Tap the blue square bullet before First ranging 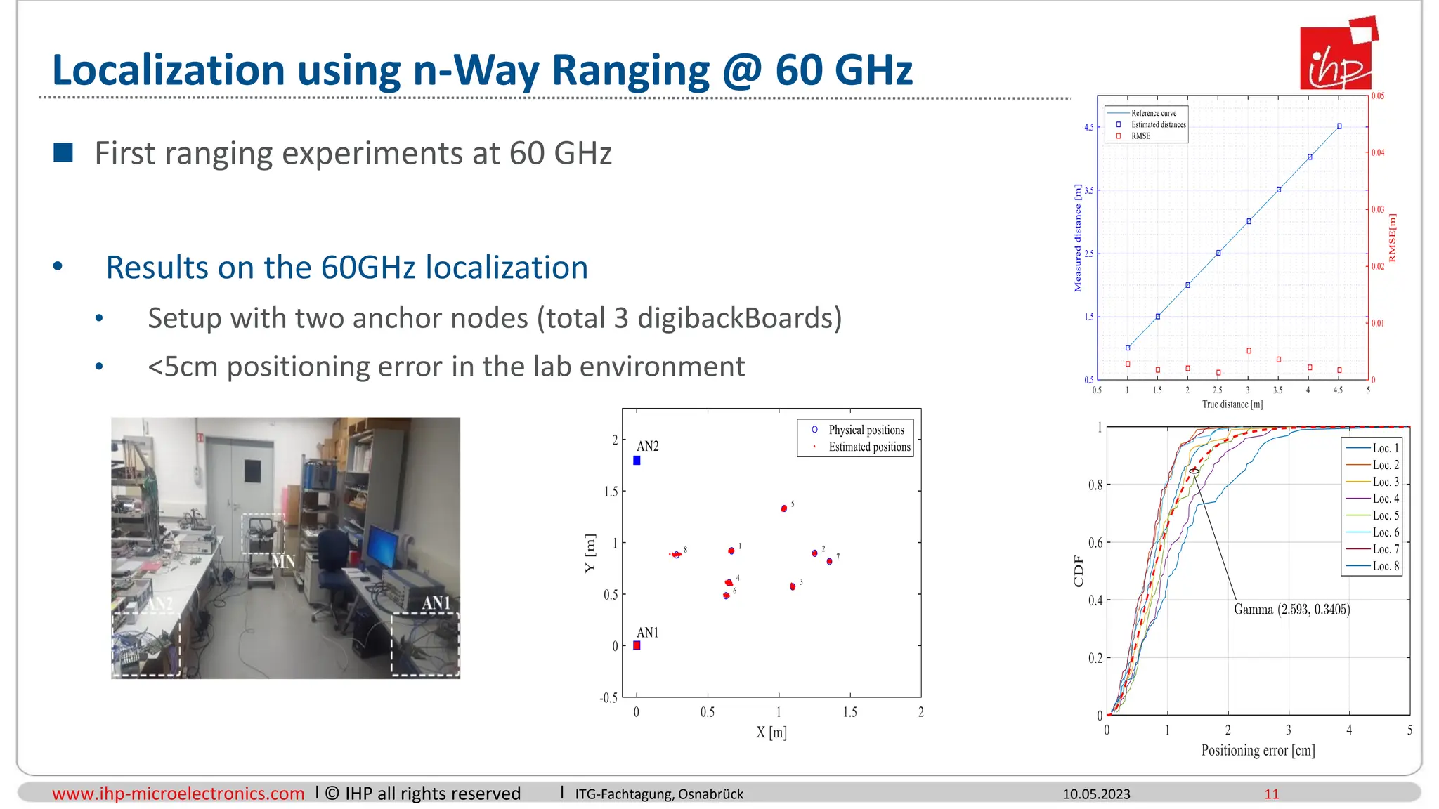(63, 152)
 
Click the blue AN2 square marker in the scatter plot (637, 461)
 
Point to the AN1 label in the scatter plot (647, 632)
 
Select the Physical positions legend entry (866, 430)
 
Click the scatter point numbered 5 (784, 508)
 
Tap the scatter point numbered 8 (676, 555)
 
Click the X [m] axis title (771, 732)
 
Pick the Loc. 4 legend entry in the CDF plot (1386, 499)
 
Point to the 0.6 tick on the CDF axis (1095, 542)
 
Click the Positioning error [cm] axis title (1258, 750)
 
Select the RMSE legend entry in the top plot (1140, 136)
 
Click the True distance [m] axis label (1232, 404)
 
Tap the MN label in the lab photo (283, 561)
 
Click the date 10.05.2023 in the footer (1096, 794)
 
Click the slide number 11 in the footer (1271, 794)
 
